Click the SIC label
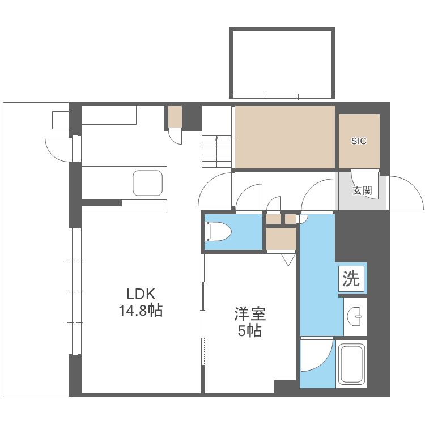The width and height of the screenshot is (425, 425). pyautogui.click(x=359, y=141)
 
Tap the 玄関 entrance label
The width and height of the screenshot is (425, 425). pyautogui.click(x=362, y=190)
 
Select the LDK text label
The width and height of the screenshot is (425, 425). pyautogui.click(x=141, y=294)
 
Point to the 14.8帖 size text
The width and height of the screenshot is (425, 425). pyautogui.click(x=141, y=311)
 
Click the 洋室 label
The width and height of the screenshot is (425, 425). pyautogui.click(x=250, y=314)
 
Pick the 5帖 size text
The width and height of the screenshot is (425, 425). pyautogui.click(x=250, y=331)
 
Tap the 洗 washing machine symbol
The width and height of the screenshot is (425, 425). pyautogui.click(x=351, y=279)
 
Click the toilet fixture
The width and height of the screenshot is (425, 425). pyautogui.click(x=219, y=231)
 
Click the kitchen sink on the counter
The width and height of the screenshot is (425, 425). pyautogui.click(x=148, y=183)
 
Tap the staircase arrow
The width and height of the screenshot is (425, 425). pyautogui.click(x=216, y=151)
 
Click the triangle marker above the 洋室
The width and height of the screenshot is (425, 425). pyautogui.click(x=288, y=260)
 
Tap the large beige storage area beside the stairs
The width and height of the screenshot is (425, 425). pyautogui.click(x=284, y=137)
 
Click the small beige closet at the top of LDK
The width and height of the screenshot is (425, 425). pyautogui.click(x=175, y=117)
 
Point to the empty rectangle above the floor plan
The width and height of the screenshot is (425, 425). pyautogui.click(x=282, y=62)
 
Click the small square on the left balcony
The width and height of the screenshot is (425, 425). pyautogui.click(x=61, y=120)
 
